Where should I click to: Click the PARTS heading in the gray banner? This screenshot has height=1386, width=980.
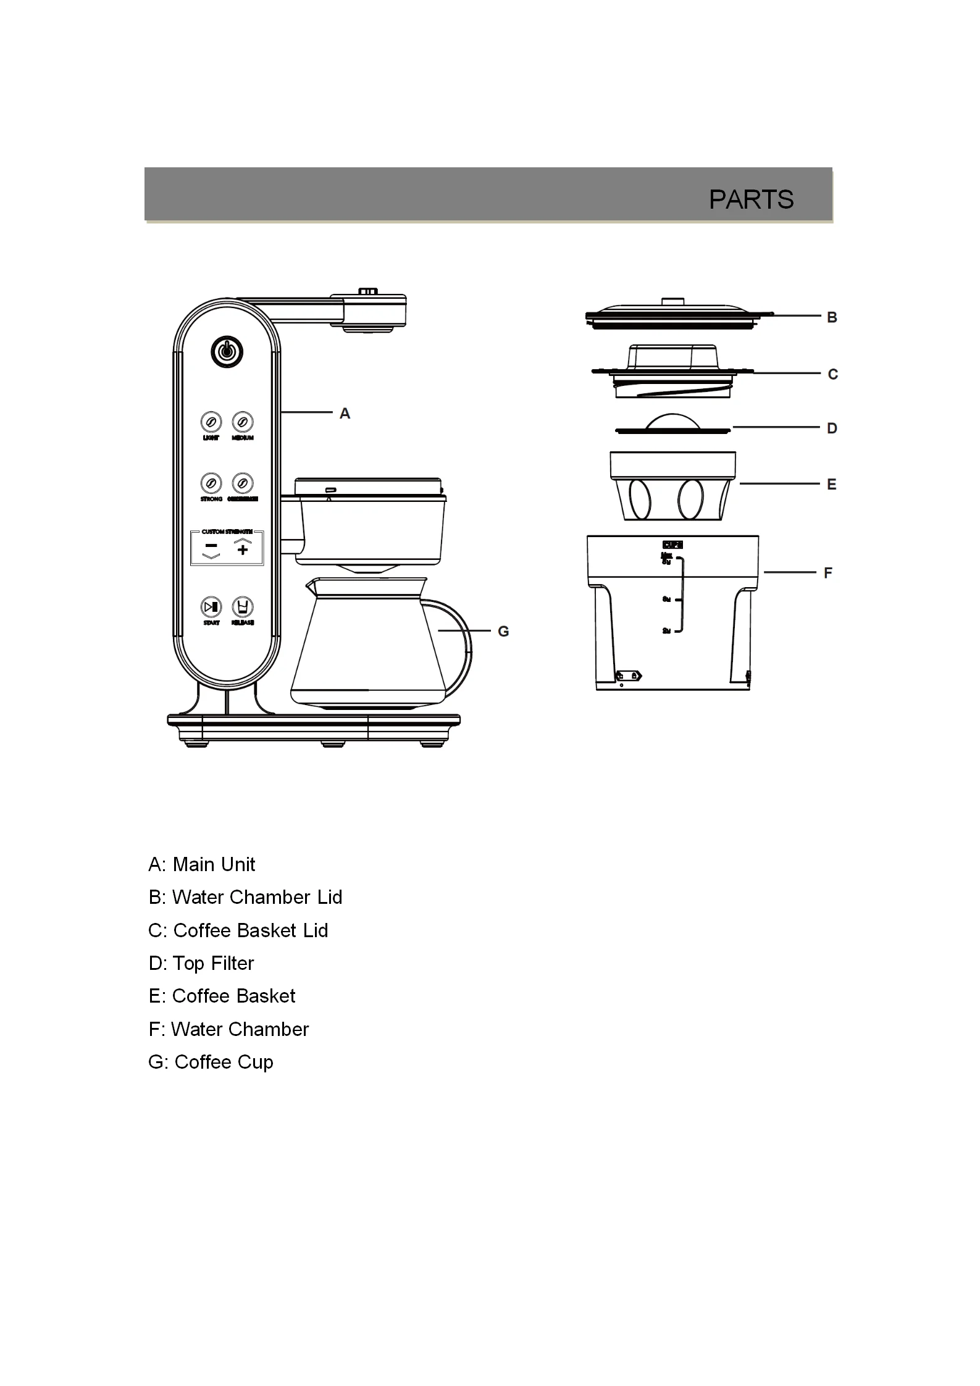pyautogui.click(x=751, y=199)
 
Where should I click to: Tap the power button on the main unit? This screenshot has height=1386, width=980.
pyautogui.click(x=227, y=352)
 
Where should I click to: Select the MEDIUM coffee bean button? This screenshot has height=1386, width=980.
pyautogui.click(x=243, y=422)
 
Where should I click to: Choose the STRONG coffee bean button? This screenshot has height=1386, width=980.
pyautogui.click(x=211, y=483)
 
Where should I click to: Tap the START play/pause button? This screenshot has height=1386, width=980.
pyautogui.click(x=211, y=607)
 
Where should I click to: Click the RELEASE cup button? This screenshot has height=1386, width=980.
pyautogui.click(x=243, y=607)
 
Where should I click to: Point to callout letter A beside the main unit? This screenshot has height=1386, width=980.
pyautogui.click(x=345, y=414)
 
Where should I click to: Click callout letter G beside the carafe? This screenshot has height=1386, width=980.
pyautogui.click(x=503, y=632)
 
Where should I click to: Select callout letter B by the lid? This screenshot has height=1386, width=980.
pyautogui.click(x=832, y=317)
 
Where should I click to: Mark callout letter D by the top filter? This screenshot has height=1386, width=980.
pyautogui.click(x=832, y=428)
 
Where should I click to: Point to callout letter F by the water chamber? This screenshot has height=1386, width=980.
pyautogui.click(x=828, y=573)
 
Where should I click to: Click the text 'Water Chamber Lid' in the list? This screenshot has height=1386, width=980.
pyautogui.click(x=257, y=897)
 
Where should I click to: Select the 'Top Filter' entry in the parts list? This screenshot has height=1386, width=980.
pyautogui.click(x=213, y=963)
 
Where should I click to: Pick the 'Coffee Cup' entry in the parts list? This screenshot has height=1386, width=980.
pyautogui.click(x=224, y=1062)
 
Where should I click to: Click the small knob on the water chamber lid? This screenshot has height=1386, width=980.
pyautogui.click(x=672, y=301)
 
